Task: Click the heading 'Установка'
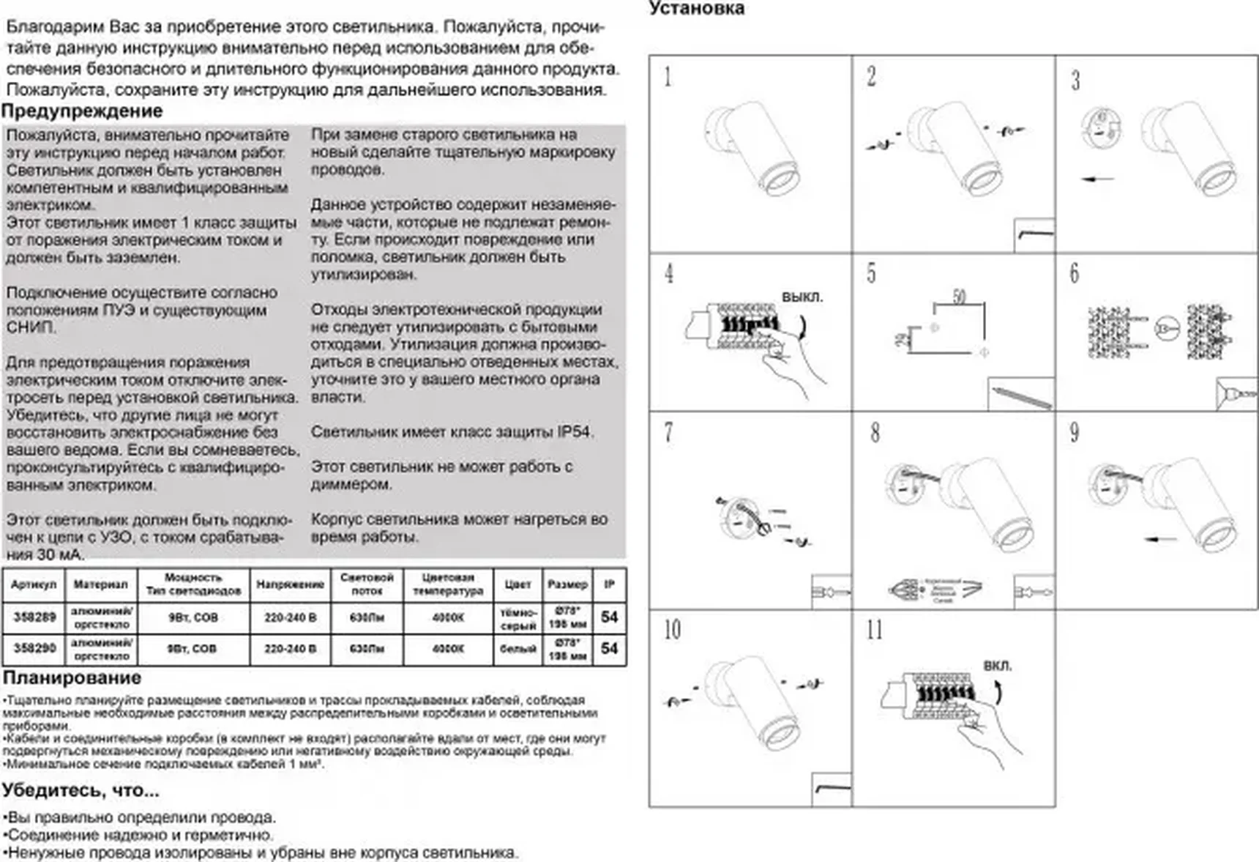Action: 696,9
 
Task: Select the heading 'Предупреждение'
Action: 82,111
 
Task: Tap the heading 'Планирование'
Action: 72,677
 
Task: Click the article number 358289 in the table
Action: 34,617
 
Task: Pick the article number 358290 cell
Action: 34,648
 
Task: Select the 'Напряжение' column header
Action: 290,584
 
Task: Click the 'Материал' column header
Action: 100,584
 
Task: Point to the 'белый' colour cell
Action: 518,648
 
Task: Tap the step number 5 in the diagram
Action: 871,274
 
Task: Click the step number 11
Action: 875,630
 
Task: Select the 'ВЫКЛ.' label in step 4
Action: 802,298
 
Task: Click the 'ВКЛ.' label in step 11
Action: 997,666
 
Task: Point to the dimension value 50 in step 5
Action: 960,297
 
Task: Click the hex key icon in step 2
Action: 1034,235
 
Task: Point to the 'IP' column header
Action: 609,584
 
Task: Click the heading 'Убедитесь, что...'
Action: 81,790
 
